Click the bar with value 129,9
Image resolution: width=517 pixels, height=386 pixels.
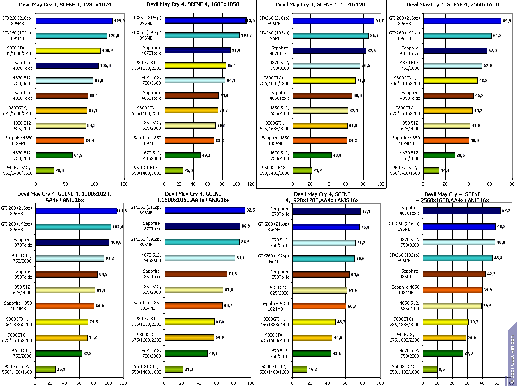click(74, 21)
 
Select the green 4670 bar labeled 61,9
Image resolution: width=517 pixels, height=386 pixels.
click(54, 155)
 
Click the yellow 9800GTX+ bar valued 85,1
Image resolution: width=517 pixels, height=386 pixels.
click(195, 65)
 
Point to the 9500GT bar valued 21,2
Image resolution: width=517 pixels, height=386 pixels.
click(302, 170)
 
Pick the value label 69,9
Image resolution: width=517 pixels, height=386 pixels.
click(507, 21)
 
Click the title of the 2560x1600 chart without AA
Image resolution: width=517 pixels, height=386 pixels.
click(452, 5)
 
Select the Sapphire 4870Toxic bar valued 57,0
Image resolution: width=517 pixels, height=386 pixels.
click(455, 51)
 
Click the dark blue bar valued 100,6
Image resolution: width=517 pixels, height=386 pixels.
click(72, 242)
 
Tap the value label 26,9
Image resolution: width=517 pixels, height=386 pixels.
click(61, 369)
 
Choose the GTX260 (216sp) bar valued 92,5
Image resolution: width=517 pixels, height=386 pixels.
click(205, 210)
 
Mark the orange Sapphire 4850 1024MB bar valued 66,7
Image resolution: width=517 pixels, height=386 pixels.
click(193, 305)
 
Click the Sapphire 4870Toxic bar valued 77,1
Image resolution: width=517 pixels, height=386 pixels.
click(326, 211)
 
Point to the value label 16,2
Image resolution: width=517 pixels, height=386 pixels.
click(313, 369)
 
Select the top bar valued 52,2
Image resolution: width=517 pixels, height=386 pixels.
click(461, 210)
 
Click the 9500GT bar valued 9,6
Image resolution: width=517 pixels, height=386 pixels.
click(430, 369)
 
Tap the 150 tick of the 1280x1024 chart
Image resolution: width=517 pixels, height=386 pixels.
click(124, 184)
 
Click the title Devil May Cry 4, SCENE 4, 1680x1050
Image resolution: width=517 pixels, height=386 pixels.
click(193, 5)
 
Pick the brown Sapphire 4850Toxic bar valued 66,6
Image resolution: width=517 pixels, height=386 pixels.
click(322, 95)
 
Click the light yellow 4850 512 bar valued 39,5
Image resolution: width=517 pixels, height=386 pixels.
click(452, 306)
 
